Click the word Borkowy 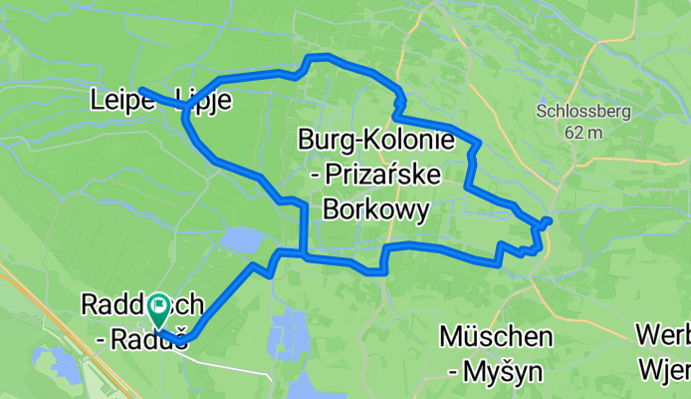376,209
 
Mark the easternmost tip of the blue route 550,219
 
